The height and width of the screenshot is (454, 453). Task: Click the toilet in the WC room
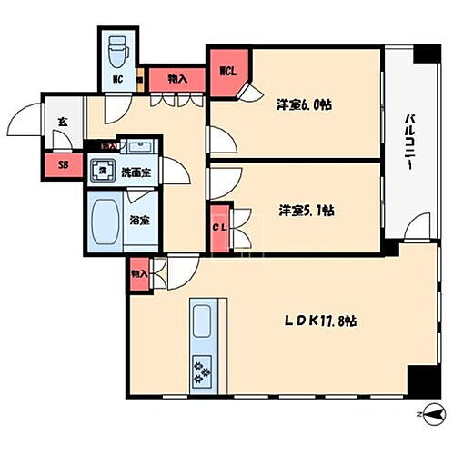pyautogui.click(x=117, y=53)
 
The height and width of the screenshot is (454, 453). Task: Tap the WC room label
pyautogui.click(x=117, y=79)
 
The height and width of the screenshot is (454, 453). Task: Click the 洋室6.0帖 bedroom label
pyautogui.click(x=305, y=104)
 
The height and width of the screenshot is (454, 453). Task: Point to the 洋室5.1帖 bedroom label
pyautogui.click(x=305, y=210)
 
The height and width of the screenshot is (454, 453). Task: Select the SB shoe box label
pyautogui.click(x=63, y=164)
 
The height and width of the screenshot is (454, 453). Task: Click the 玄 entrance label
pyautogui.click(x=62, y=122)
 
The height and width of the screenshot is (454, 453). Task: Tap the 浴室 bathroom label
pyautogui.click(x=139, y=220)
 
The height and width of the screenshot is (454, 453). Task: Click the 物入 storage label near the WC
pyautogui.click(x=177, y=79)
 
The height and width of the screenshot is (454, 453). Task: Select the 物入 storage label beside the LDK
pyautogui.click(x=139, y=273)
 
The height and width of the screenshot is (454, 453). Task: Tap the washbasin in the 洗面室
pyautogui.click(x=139, y=148)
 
